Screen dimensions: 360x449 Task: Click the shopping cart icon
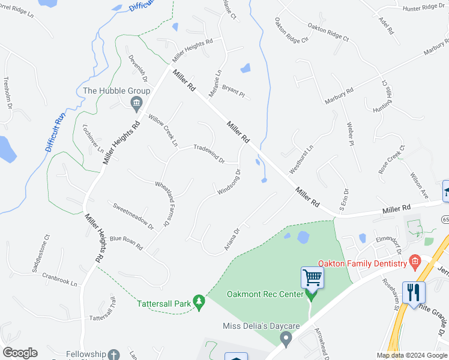pos(312,277)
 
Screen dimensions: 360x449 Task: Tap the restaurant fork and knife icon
pos(414,292)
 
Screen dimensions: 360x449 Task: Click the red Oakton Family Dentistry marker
pos(414,261)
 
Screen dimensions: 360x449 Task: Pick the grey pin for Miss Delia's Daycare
pos(286,340)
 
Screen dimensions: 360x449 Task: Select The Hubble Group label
pos(116,91)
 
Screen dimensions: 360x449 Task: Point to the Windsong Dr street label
pos(229,182)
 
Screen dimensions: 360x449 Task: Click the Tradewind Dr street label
pos(208,153)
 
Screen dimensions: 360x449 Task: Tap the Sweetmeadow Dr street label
pos(133,215)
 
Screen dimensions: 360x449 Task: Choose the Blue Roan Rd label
pos(126,242)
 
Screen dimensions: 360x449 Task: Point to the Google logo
pos(20,353)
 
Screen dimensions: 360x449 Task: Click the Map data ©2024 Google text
pos(411,355)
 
